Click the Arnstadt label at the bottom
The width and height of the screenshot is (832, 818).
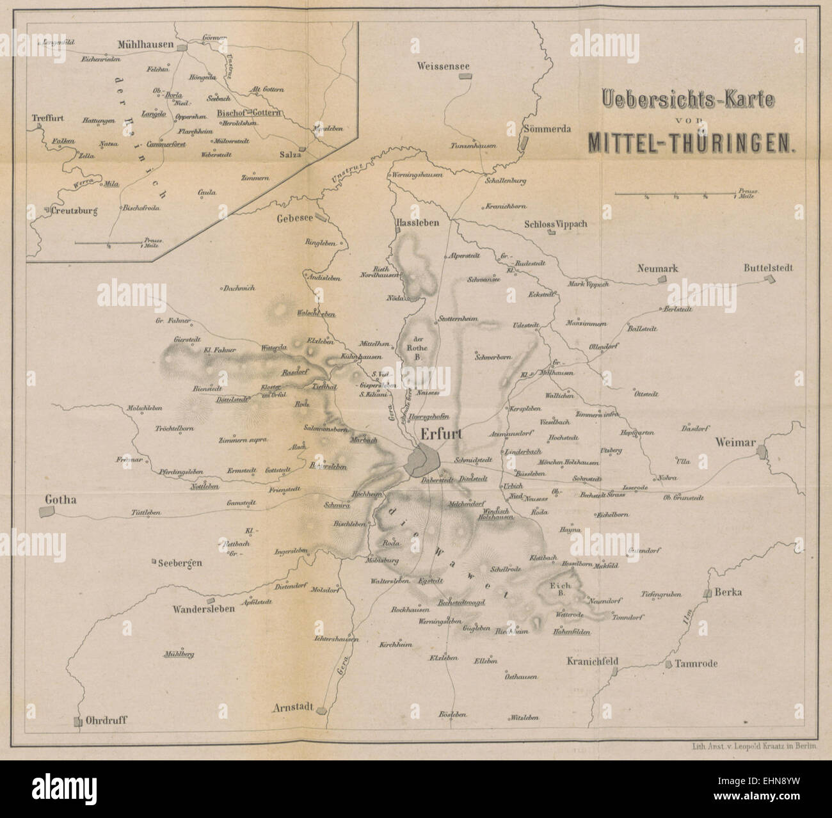tap(292, 708)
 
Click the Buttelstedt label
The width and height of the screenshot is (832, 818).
tap(768, 268)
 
